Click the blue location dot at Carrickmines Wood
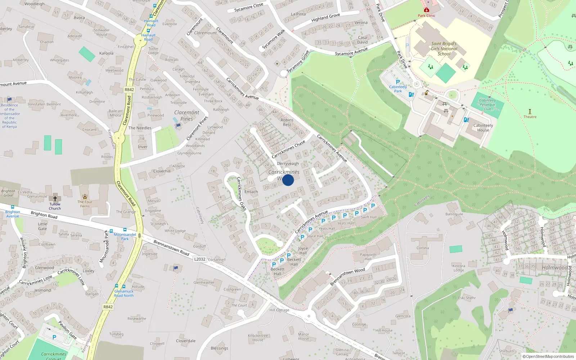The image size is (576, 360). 288,180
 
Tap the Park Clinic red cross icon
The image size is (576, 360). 427,10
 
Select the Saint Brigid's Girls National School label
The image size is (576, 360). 444,49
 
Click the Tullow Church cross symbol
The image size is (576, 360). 55,198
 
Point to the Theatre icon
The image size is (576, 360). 530,112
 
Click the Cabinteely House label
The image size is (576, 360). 483,128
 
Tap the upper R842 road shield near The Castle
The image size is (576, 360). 129,90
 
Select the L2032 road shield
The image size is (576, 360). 200,259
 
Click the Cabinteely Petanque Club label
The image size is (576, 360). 487,105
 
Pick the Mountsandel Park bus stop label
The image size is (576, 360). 125,237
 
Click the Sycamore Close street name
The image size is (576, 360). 249,7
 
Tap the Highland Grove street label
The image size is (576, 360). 325,17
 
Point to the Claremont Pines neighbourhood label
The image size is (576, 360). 186,116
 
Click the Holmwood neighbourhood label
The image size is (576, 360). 555,268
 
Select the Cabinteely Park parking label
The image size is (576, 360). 398,89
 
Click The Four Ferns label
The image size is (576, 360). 85,204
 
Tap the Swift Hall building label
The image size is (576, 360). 369,217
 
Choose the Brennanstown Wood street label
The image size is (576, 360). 347,276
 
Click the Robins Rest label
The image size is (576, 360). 287,122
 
